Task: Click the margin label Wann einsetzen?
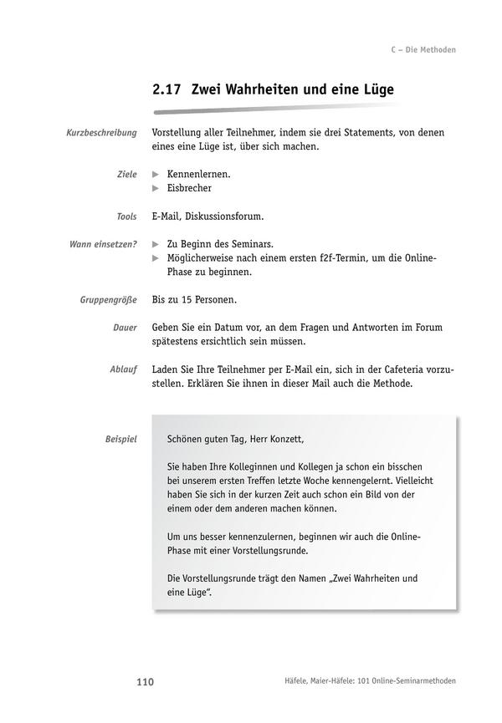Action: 102,244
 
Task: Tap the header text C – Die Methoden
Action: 423,50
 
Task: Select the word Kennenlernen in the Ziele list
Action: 197,174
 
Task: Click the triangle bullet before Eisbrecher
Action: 156,188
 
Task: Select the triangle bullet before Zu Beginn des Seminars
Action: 156,244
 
